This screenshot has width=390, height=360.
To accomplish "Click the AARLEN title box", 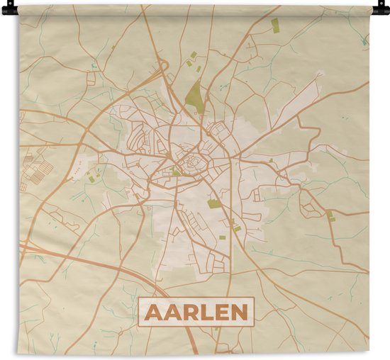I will (x=196, y=313).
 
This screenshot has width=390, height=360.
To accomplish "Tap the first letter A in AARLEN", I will (x=152, y=313).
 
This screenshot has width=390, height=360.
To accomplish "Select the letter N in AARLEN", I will (x=240, y=313).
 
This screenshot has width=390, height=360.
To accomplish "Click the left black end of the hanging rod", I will (x=8, y=9).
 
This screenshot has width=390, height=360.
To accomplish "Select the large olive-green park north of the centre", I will (x=195, y=98).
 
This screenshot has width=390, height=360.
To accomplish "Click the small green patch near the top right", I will (x=275, y=26).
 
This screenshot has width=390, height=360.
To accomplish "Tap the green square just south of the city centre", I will (x=213, y=204).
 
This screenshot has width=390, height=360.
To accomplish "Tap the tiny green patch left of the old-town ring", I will (x=175, y=171).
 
